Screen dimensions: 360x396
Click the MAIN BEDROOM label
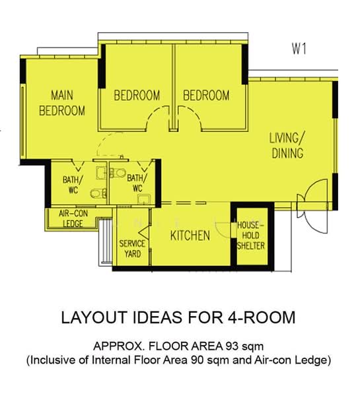click(62, 103)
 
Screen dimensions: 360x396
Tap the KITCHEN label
click(190, 236)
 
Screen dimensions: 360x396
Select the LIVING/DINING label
click(287, 145)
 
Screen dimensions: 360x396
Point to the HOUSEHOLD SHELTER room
click(252, 236)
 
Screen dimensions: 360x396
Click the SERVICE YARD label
click(132, 249)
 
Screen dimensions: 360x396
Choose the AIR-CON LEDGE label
click(73, 218)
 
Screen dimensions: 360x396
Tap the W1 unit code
click(299, 49)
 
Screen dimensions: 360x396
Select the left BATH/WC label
click(73, 185)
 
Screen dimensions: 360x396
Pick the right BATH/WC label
click(137, 183)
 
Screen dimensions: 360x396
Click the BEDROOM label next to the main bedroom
click(137, 96)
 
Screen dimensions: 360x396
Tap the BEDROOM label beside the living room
click(206, 96)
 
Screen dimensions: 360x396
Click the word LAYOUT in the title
click(94, 317)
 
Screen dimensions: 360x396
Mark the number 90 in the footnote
click(198, 360)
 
